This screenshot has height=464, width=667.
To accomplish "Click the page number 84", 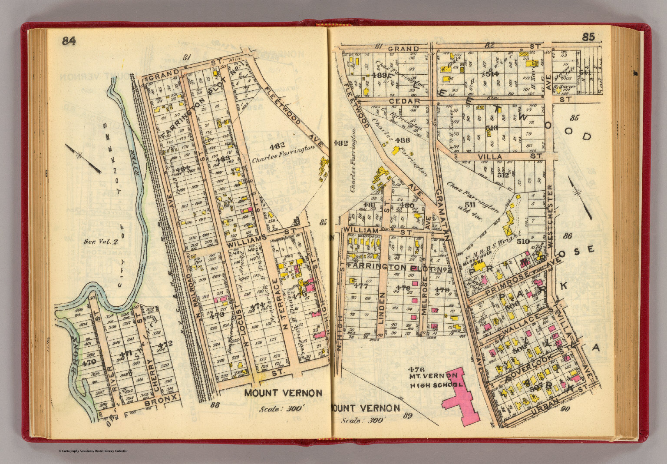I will click(69, 41).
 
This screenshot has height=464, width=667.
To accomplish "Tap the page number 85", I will click(588, 37).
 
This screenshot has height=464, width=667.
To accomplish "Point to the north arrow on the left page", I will click(83, 158).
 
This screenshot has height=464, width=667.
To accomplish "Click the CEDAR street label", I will click(404, 101).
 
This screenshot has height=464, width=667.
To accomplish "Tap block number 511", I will click(469, 204).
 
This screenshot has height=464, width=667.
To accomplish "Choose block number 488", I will click(403, 140).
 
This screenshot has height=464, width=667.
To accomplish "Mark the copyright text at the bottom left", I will click(93, 451).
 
